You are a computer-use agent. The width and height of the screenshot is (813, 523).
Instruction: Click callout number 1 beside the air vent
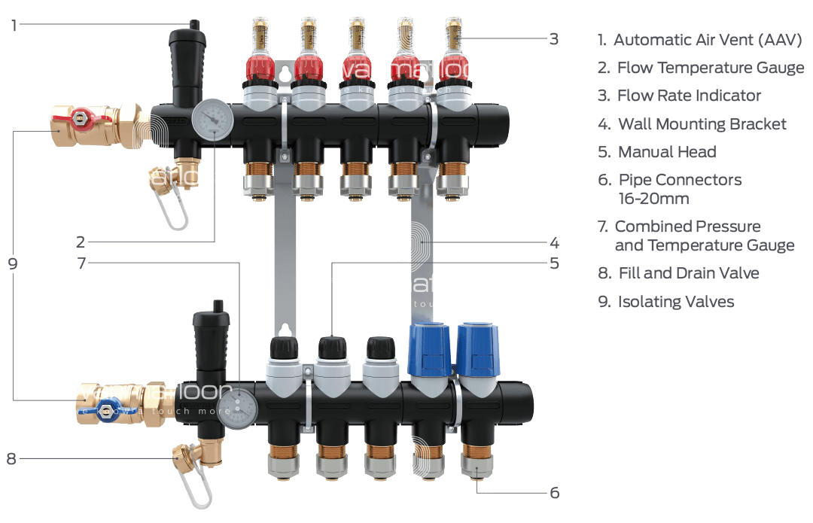pos(14,25)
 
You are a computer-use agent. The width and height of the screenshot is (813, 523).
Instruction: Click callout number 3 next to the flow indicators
pos(554,38)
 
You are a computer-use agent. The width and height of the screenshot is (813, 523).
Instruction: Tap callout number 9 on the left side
pos(14,264)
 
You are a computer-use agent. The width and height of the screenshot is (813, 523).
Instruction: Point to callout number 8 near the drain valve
pos(11,458)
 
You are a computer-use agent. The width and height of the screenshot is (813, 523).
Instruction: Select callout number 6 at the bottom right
pos(554,493)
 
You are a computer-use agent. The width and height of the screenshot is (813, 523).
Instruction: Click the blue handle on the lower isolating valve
pos(106,411)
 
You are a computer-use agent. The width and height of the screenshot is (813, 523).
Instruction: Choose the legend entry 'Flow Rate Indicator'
pos(689,96)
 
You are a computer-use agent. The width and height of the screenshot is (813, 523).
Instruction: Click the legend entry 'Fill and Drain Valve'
pos(688,273)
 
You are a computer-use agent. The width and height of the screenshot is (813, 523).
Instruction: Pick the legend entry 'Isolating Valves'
pos(675,302)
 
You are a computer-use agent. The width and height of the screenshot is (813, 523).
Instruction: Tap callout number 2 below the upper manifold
pos(81,242)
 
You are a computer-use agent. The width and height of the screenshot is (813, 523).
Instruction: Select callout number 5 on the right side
pos(554,263)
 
